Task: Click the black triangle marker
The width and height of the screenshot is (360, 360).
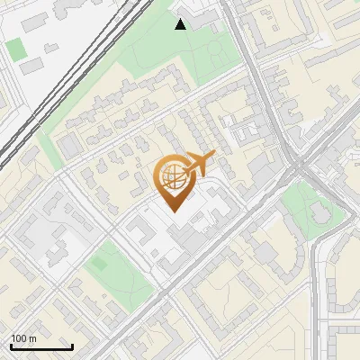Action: (181, 24)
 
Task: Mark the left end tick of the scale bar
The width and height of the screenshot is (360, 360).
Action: (11, 346)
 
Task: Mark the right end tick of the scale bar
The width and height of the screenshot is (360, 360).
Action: (73, 346)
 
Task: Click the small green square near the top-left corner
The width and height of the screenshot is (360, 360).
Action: (14, 48)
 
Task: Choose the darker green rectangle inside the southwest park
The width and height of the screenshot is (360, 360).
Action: (98, 264)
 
